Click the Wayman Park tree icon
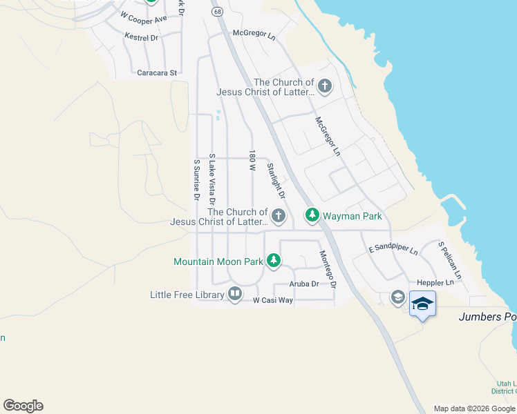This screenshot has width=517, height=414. [x=312, y=216]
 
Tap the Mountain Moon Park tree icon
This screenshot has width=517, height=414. [x=274, y=261]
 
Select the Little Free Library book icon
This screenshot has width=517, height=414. [x=235, y=295]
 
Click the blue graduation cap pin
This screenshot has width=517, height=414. [x=422, y=303]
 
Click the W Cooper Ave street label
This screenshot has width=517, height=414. [x=144, y=17]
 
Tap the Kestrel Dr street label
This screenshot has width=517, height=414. [x=142, y=37]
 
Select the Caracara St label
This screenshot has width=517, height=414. [x=157, y=72]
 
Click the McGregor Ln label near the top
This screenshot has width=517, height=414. [x=254, y=32]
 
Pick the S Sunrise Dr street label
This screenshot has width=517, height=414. [x=196, y=180]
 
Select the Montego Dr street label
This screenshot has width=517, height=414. [x=327, y=268]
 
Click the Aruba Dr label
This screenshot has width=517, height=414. [x=304, y=284]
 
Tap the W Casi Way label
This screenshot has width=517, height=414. [x=272, y=300]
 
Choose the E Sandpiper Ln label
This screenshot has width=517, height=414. [x=393, y=248]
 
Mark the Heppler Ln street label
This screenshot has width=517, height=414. [x=435, y=282]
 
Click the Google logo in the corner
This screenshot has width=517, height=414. [x=23, y=406]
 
